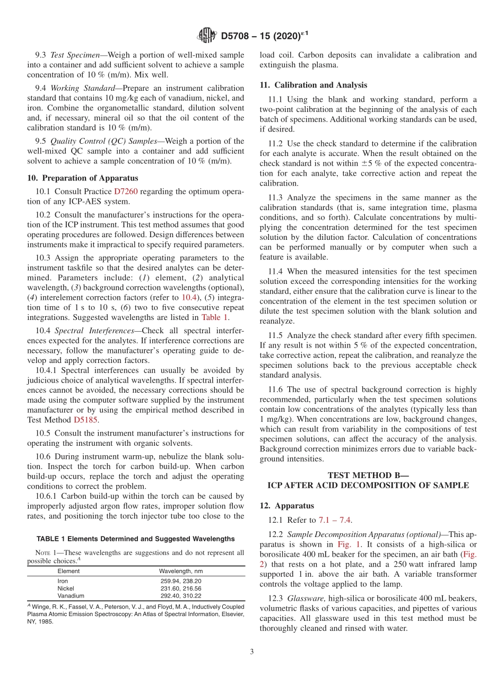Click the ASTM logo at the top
[206, 36]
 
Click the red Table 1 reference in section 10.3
[214, 317]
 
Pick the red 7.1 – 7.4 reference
[335, 521]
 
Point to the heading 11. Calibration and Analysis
[313, 85]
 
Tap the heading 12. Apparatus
[286, 506]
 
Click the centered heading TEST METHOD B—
[368, 475]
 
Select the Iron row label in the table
[63, 581]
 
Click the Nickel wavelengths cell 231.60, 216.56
[180, 589]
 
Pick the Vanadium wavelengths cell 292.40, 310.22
[180, 596]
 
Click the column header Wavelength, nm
[180, 571]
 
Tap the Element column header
[68, 571]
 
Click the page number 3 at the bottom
[252, 652]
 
